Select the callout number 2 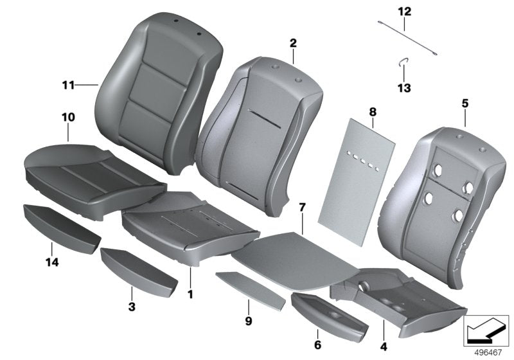pyautogui.click(x=292, y=43)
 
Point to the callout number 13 pyautogui.click(x=404, y=88)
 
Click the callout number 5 pyautogui.click(x=465, y=103)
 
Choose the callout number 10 pyautogui.click(x=68, y=117)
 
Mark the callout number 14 pyautogui.click(x=51, y=262)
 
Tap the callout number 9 pyautogui.click(x=248, y=319)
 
